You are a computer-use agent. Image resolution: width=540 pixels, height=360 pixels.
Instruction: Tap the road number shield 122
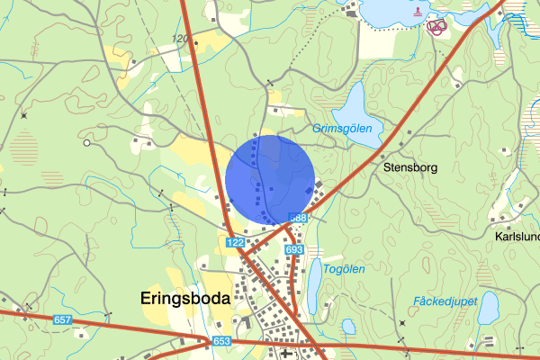(x=236, y=243)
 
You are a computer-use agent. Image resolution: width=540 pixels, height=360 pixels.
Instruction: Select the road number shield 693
(x=293, y=249)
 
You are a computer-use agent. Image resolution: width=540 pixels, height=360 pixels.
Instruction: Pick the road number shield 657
(x=62, y=320)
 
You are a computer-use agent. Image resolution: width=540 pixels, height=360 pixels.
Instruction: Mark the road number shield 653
(x=222, y=341)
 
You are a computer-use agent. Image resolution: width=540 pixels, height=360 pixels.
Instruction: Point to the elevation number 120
(x=180, y=39)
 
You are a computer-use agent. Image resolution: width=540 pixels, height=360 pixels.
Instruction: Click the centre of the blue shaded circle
(x=270, y=179)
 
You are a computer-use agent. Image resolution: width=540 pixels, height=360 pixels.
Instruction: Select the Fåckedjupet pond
(x=489, y=308)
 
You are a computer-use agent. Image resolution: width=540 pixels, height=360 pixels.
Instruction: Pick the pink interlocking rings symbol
(x=436, y=27)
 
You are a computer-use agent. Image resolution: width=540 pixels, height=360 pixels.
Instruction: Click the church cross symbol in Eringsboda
(x=287, y=353)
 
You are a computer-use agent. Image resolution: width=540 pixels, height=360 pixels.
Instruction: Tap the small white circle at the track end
(x=86, y=143)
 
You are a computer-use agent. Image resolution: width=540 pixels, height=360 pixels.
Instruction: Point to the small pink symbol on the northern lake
(x=416, y=12)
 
